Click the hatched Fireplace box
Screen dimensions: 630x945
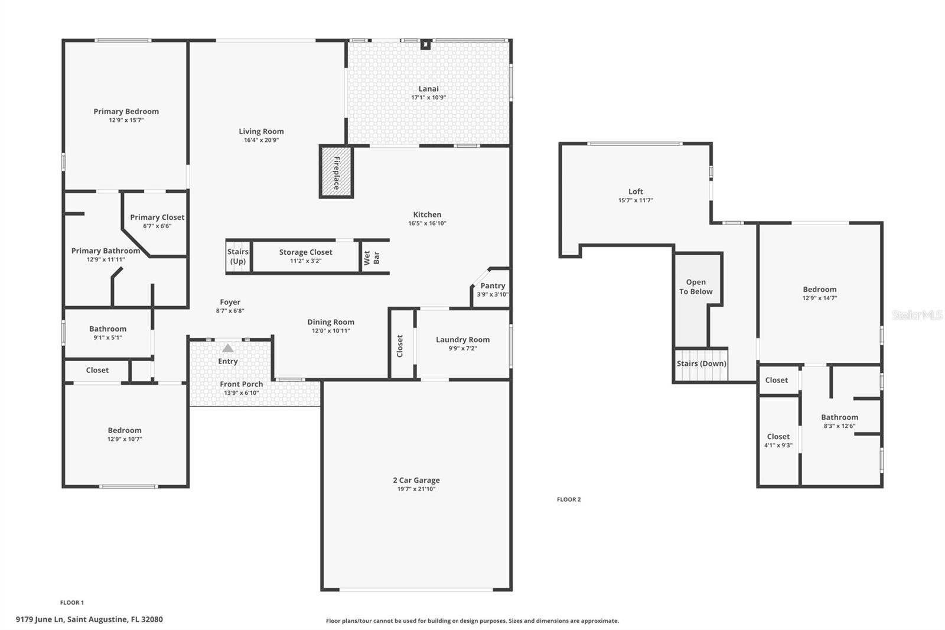point(336,172)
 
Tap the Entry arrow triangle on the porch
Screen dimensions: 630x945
point(227,349)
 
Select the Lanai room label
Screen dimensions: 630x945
point(428,89)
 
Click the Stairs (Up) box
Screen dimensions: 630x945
point(238,256)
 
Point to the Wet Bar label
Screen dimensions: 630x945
point(372,257)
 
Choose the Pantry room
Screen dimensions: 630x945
point(492,290)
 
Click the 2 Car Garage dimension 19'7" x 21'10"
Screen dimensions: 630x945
point(416,489)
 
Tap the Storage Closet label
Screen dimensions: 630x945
point(305,252)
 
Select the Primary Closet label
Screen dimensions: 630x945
point(157,217)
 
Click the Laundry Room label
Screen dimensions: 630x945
point(462,340)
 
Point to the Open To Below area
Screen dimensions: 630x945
point(696,287)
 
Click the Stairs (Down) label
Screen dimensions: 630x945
point(701,363)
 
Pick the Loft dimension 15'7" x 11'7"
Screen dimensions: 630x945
point(636,200)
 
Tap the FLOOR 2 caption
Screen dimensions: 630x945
point(569,499)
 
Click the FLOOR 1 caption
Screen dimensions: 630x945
point(72,603)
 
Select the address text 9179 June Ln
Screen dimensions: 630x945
point(89,619)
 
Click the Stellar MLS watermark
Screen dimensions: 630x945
point(917,315)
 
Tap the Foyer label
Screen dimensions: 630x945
point(230,302)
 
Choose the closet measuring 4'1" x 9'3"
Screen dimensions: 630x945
point(778,441)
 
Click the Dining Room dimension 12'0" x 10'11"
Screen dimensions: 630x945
point(331,331)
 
